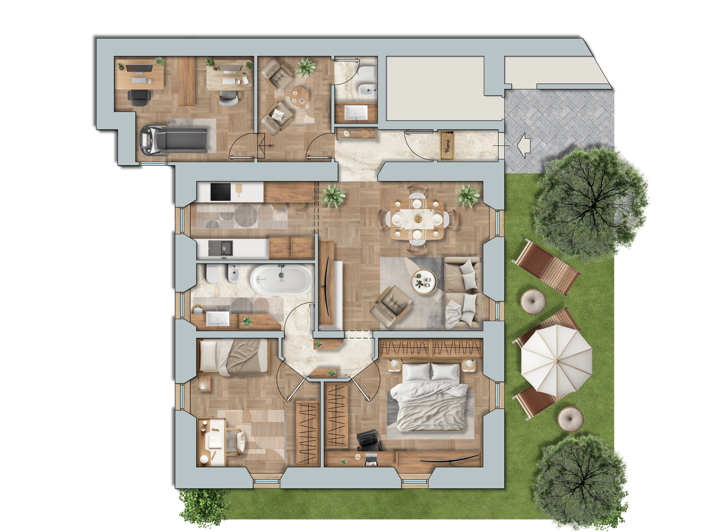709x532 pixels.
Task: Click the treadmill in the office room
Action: (173, 140)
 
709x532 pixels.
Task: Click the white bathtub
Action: (282, 280)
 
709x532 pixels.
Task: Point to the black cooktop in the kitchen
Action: (220, 192)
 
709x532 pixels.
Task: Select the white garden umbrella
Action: (557, 361)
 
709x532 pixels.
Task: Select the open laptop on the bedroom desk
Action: (372, 459)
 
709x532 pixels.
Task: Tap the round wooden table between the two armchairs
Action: (299, 96)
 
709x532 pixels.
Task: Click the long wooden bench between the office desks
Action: (187, 81)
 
